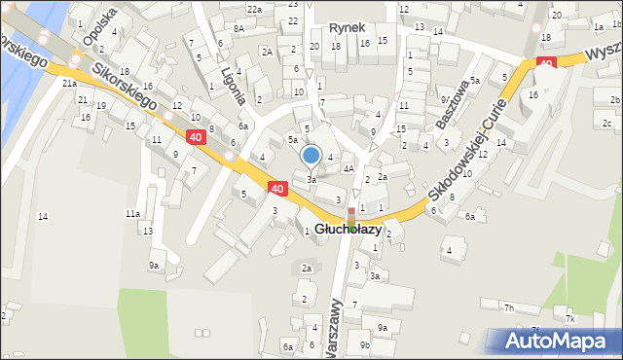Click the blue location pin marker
click(x=311, y=155)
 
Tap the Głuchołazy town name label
click(x=355, y=230)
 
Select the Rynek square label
click(x=346, y=28)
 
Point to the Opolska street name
click(x=99, y=27)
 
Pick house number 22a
click(x=254, y=9)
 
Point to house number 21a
click(x=69, y=84)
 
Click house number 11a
click(x=132, y=213)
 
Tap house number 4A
click(x=348, y=168)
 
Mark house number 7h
click(x=508, y=308)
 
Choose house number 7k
click(x=570, y=319)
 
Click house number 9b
click(x=364, y=344)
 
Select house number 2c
click(x=606, y=123)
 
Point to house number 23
click(x=293, y=4)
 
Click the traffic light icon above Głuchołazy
click(x=351, y=214)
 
